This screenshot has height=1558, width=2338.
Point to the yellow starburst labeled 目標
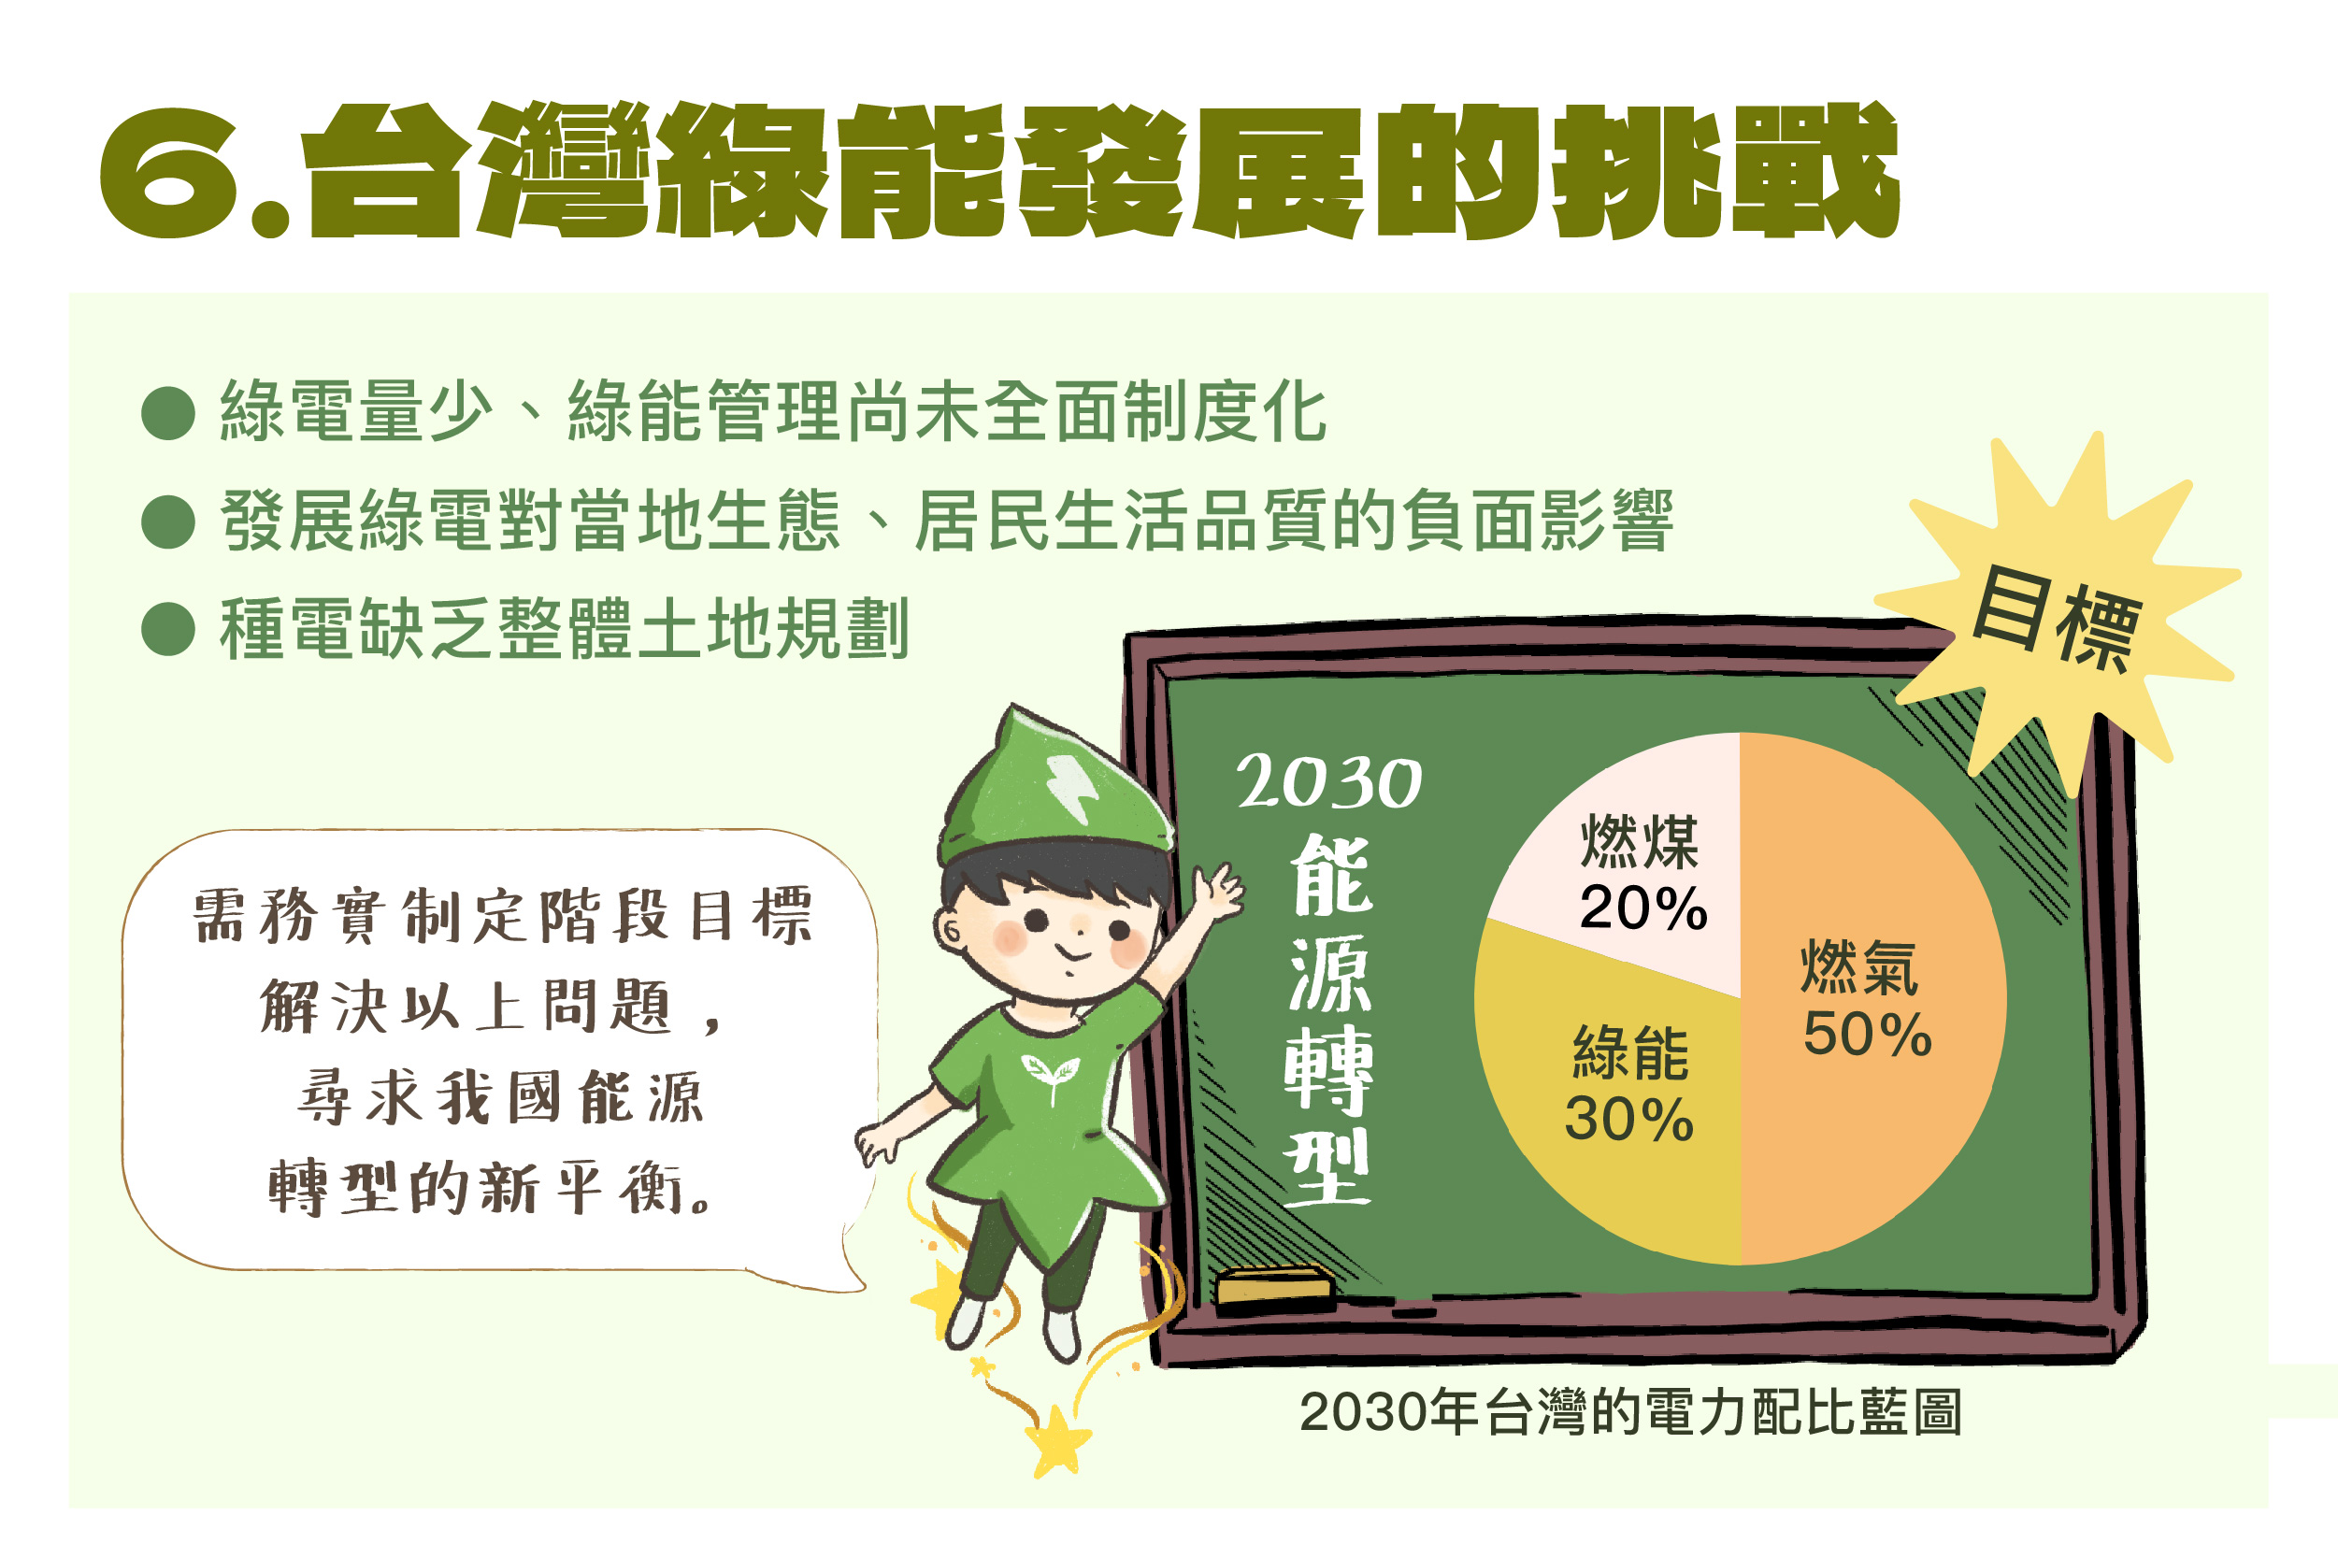point(2057,616)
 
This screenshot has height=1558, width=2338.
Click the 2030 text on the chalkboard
point(1328,783)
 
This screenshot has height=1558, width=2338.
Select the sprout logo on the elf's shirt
point(1050,1075)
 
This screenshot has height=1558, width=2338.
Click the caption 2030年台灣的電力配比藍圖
point(1630,1411)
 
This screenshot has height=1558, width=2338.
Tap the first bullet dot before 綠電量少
point(168,411)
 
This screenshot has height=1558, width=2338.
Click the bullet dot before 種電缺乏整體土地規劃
point(168,629)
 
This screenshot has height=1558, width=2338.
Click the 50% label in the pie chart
point(1868,1035)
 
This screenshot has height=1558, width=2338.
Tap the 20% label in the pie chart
point(1643,908)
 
